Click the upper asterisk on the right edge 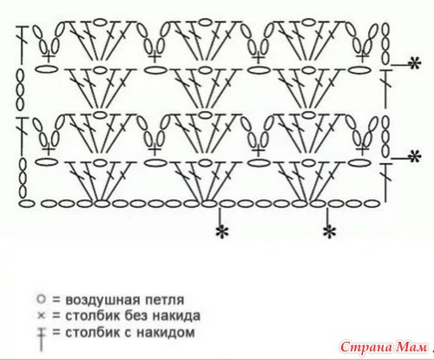pos(414,64)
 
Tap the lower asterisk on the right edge pos(414,157)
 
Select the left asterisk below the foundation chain pos(222,232)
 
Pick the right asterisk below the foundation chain pos(329,232)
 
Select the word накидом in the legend pos(166,332)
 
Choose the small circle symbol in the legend pos(41,299)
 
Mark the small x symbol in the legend pos(42,316)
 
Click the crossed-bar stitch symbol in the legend pos(42,339)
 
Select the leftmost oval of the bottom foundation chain pos(27,204)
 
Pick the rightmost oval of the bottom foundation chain pos(372,204)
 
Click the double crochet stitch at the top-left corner pos(22,44)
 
